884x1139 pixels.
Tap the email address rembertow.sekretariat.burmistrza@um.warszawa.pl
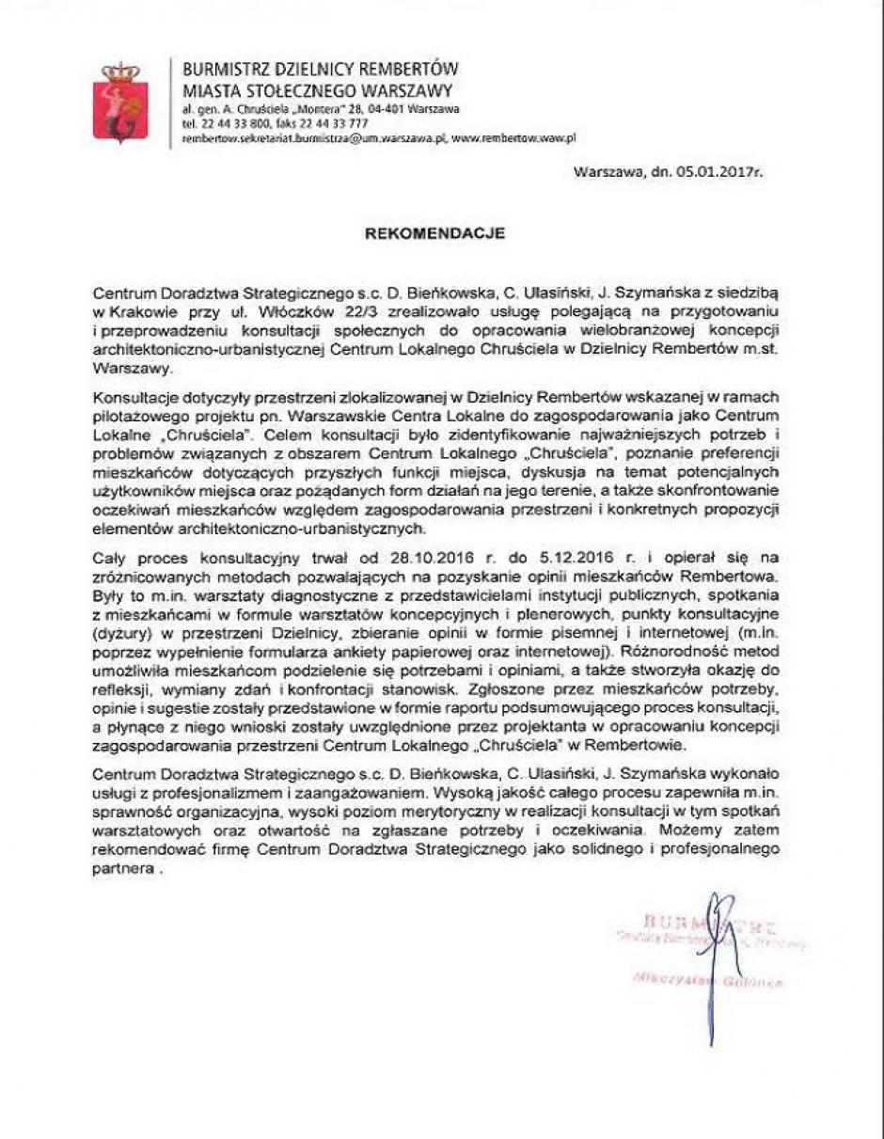[312, 138]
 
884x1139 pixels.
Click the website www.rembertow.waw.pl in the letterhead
[513, 138]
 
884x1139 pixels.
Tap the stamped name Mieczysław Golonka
[707, 981]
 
